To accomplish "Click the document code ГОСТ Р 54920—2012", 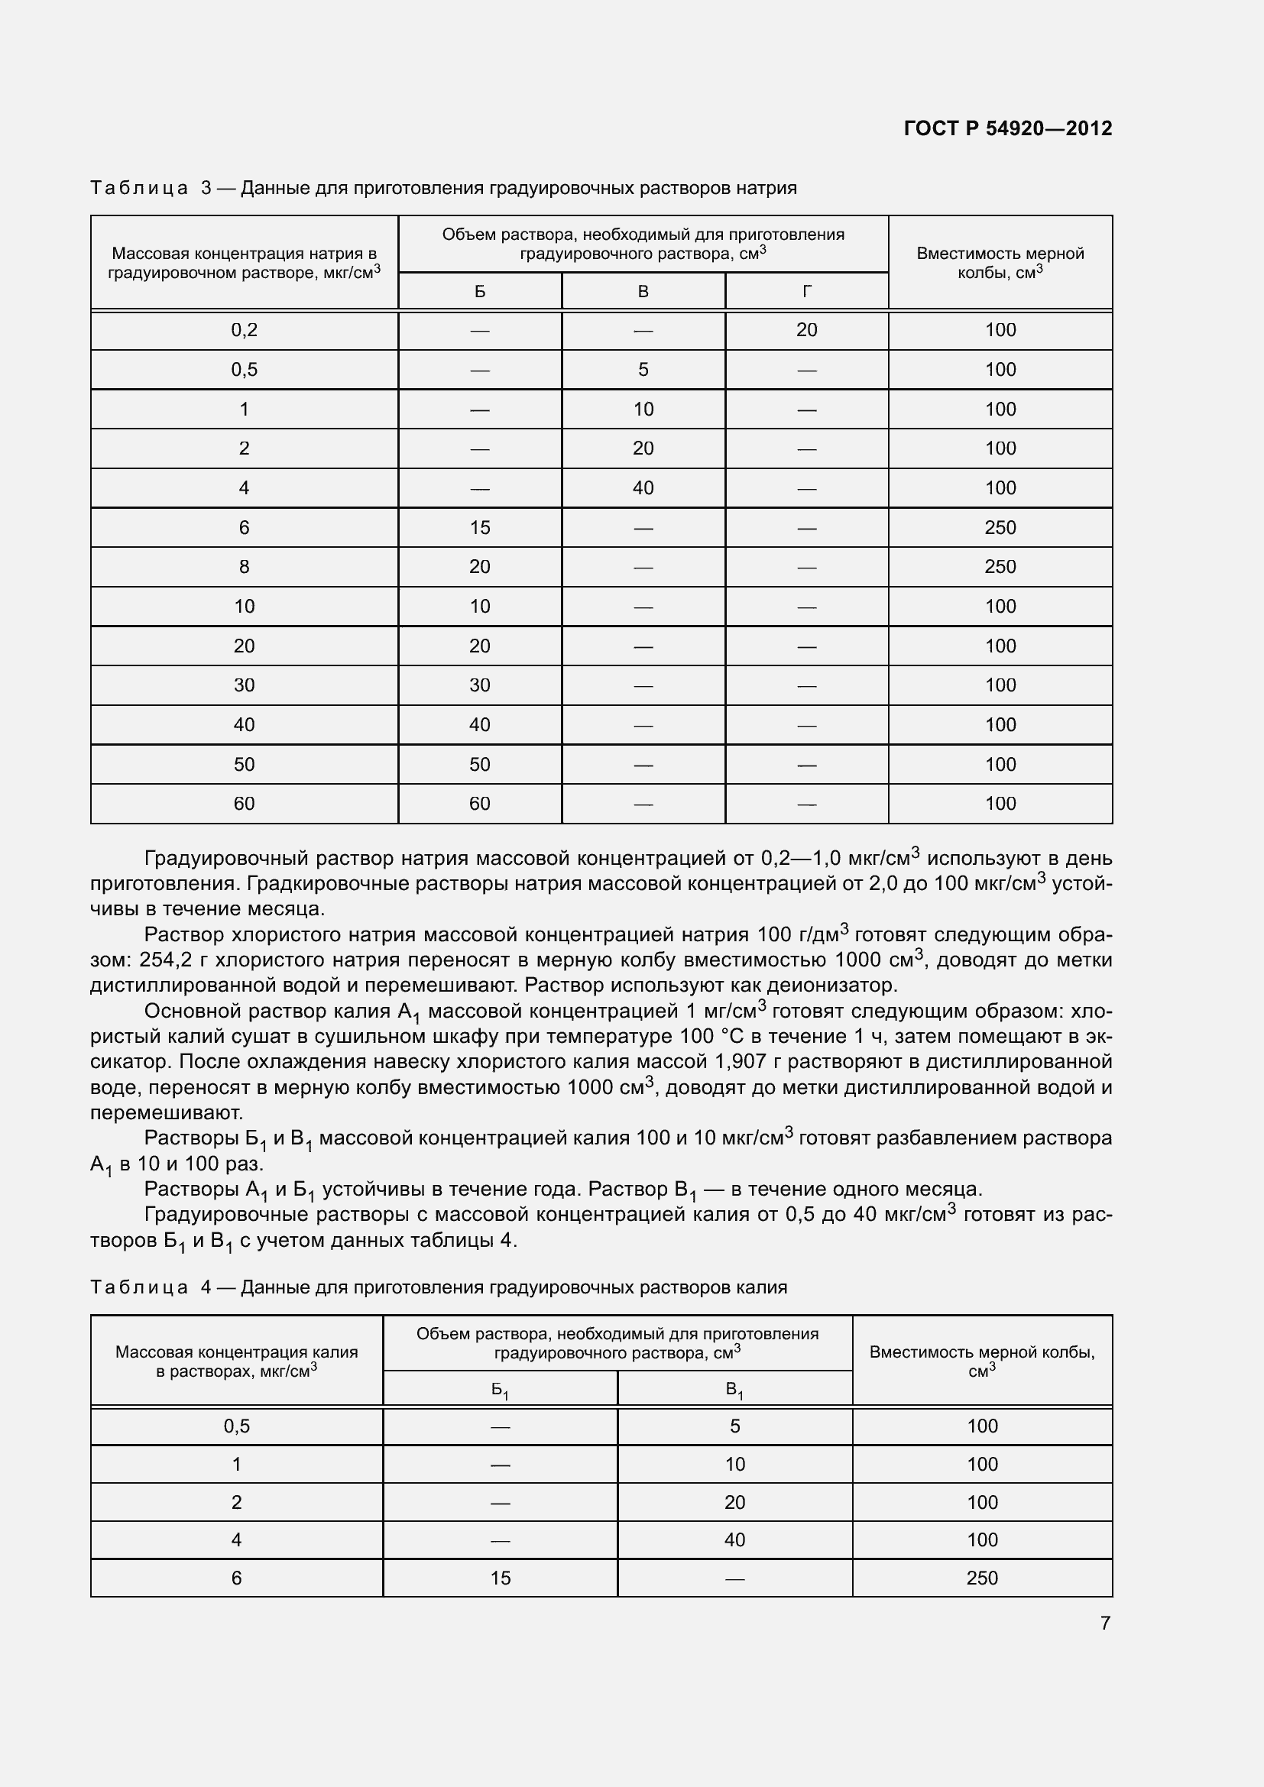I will pos(1007,128).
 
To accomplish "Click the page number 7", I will pos(1105,1623).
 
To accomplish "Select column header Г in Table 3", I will pos(806,292).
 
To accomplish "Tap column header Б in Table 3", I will pos(479,292).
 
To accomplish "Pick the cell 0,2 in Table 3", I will pos(244,330).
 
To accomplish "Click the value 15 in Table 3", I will pos(479,528).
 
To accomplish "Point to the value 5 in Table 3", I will pos(643,370).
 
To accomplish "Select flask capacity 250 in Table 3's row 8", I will pos(1000,567).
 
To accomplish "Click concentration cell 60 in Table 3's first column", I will pos(244,803).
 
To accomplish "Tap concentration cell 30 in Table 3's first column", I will pos(244,685).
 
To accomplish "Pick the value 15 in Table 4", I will pos(500,1578).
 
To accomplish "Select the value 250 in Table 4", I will pos(981,1578).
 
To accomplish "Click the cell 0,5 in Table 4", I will pos(237,1426).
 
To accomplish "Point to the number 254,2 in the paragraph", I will pos(166,960).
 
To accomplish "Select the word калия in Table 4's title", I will pos(763,1287).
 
